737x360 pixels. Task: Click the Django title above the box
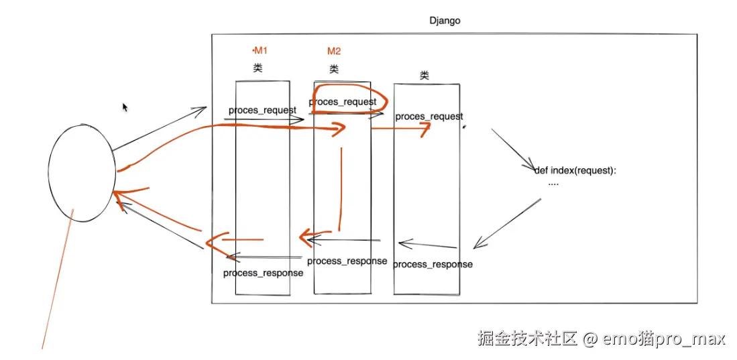click(445, 21)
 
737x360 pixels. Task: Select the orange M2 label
click(334, 52)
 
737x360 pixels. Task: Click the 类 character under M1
click(258, 68)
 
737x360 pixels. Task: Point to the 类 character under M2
click(335, 69)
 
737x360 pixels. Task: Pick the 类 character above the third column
click(424, 76)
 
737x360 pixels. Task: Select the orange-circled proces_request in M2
click(343, 102)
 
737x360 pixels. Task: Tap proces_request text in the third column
click(429, 117)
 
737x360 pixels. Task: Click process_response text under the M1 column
click(263, 273)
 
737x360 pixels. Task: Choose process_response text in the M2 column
click(347, 261)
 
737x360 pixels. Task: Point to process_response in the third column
click(433, 264)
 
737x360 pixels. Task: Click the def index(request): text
click(575, 170)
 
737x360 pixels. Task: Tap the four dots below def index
click(553, 182)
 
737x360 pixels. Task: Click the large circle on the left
click(82, 171)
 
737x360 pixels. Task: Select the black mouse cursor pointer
click(125, 107)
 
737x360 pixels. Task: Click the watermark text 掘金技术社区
click(527, 339)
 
